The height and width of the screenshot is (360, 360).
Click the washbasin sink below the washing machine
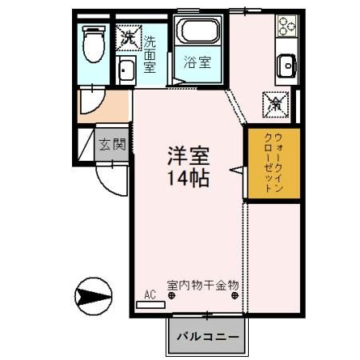pos(126,72)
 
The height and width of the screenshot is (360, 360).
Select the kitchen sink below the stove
pos(286,64)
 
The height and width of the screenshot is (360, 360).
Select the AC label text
pos(150,294)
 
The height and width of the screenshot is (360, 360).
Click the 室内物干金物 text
pos(203,285)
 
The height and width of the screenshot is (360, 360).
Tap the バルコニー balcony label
pos(206,336)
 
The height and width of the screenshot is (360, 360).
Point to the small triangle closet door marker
pos(238,170)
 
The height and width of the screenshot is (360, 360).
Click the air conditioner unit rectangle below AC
pos(150,304)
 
